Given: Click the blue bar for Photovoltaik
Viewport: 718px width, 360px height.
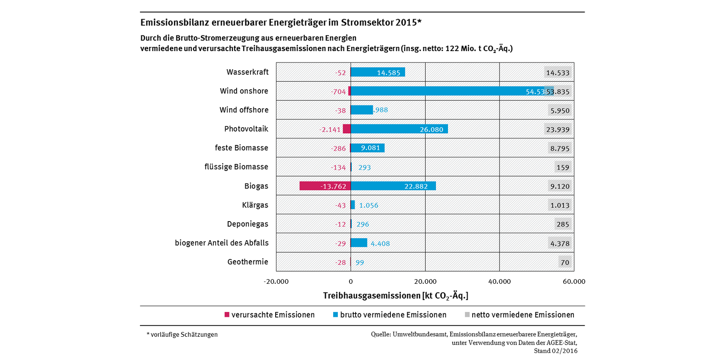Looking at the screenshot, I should [399, 129].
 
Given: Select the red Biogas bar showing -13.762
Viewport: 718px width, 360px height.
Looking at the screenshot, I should [325, 186].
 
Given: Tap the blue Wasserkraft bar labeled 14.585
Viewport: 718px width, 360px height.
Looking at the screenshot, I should [377, 72].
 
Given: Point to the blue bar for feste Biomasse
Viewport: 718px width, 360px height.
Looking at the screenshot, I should [367, 148].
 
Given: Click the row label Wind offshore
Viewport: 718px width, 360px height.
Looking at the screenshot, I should [244, 110].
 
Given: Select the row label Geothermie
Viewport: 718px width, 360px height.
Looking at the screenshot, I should [248, 262].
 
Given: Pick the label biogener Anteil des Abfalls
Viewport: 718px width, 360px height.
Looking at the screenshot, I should [222, 243].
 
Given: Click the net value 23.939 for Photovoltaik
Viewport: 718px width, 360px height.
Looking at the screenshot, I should [558, 130].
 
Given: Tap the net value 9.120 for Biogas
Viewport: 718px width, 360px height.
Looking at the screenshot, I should [560, 186].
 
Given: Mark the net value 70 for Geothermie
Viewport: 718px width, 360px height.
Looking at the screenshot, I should [565, 262].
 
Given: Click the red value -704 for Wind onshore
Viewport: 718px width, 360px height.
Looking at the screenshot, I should [338, 92].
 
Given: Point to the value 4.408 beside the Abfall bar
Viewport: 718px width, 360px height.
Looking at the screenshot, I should [380, 243].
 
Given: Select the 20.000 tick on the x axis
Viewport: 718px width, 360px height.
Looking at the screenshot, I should [425, 281].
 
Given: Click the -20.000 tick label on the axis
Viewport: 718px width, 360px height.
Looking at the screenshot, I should [276, 281].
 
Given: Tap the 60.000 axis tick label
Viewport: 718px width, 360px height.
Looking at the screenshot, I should [573, 281].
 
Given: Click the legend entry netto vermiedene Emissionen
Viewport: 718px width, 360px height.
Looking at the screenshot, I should [522, 315].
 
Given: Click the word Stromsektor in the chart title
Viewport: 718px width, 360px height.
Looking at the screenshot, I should [367, 22].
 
